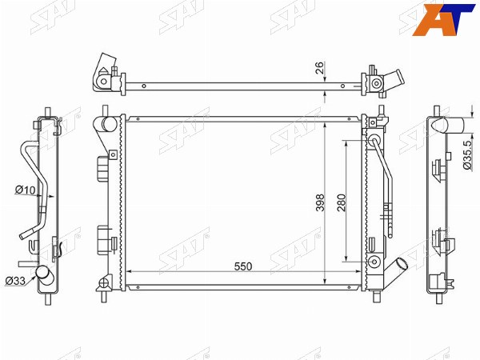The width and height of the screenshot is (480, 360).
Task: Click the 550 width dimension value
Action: (x=243, y=266)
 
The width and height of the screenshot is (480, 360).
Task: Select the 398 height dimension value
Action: (x=320, y=202)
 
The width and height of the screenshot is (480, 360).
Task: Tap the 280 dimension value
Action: (x=342, y=202)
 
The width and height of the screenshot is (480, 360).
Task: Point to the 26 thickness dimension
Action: (x=319, y=68)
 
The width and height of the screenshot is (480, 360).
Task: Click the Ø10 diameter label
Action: (x=26, y=190)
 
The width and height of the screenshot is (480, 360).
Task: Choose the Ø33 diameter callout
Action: (x=16, y=281)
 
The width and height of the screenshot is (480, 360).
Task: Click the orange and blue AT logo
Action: (x=443, y=19)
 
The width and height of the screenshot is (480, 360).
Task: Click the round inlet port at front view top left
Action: (x=109, y=124)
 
